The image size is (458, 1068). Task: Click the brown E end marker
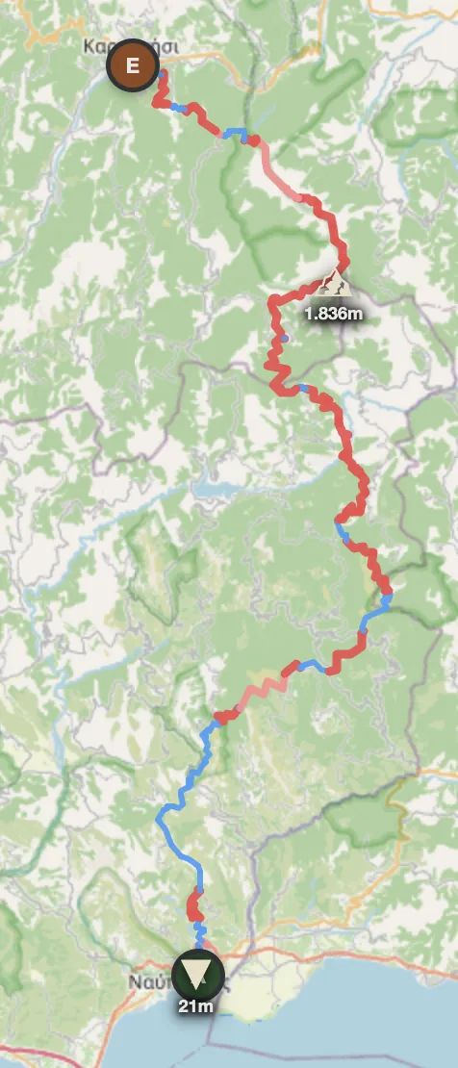tap(133, 66)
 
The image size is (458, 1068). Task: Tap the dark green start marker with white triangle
tap(199, 975)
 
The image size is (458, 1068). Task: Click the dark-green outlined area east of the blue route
tap(366, 818)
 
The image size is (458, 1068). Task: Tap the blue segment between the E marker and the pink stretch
tap(237, 134)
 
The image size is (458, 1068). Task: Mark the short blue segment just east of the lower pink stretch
tap(311, 665)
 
